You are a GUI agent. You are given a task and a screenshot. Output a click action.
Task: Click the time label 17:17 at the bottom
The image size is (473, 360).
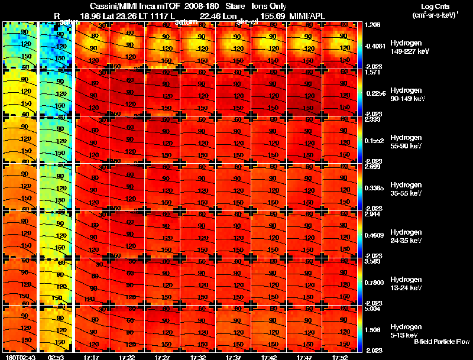coord(92,357)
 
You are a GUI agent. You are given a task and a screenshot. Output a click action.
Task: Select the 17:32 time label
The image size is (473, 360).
coord(198,357)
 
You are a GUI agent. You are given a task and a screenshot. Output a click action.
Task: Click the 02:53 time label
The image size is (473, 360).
coord(56,357)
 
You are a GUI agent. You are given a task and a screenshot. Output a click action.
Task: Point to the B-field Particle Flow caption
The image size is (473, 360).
coord(442,342)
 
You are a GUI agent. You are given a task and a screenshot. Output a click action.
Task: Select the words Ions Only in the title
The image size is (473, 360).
coord(269,5)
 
